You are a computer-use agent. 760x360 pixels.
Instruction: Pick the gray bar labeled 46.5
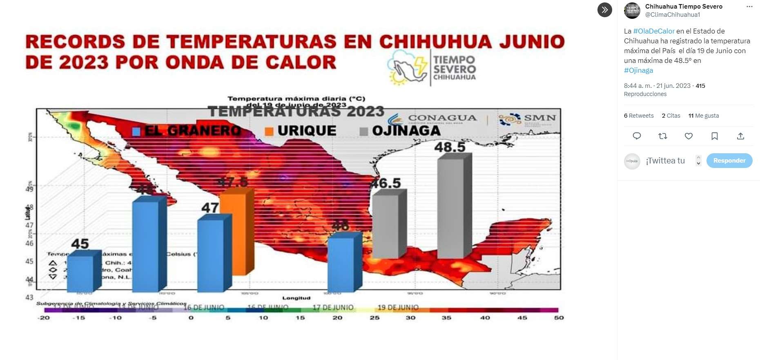tap(385, 226)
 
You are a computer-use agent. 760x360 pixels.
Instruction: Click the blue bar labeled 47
tap(210, 255)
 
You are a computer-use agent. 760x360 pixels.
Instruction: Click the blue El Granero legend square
tap(136, 131)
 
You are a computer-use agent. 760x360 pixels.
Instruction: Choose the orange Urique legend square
tap(269, 131)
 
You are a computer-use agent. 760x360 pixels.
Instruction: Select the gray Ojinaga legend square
tap(363, 132)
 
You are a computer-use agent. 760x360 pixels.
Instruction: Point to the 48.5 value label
tap(450, 147)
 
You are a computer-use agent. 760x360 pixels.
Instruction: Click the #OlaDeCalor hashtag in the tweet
tap(653, 31)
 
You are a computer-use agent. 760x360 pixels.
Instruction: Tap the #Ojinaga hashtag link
tap(638, 70)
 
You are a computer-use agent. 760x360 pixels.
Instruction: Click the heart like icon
tap(689, 136)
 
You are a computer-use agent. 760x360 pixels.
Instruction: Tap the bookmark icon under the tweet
tap(714, 136)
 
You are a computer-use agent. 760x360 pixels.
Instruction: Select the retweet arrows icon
tap(662, 136)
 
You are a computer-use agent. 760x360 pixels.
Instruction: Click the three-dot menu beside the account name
tap(749, 7)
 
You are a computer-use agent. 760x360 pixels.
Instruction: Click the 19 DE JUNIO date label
tap(398, 307)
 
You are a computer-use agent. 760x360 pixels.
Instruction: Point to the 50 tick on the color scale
tap(559, 318)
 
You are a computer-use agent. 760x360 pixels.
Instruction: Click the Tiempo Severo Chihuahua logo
tap(432, 68)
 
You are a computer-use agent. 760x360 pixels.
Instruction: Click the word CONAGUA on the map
tap(442, 118)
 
